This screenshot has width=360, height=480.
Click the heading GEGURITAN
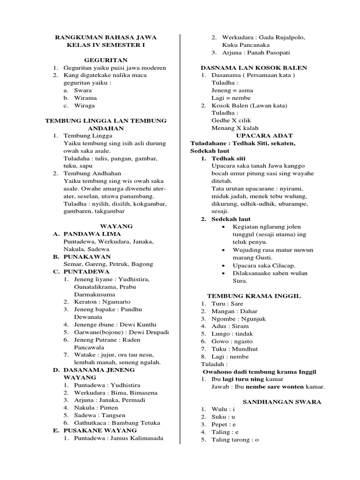point(105,60)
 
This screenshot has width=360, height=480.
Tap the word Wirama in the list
point(85,98)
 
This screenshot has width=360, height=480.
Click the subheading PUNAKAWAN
point(87,256)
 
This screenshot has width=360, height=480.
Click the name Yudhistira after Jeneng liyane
point(133,279)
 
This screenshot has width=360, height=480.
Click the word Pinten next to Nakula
point(110,408)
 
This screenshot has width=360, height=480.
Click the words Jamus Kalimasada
point(135,438)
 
